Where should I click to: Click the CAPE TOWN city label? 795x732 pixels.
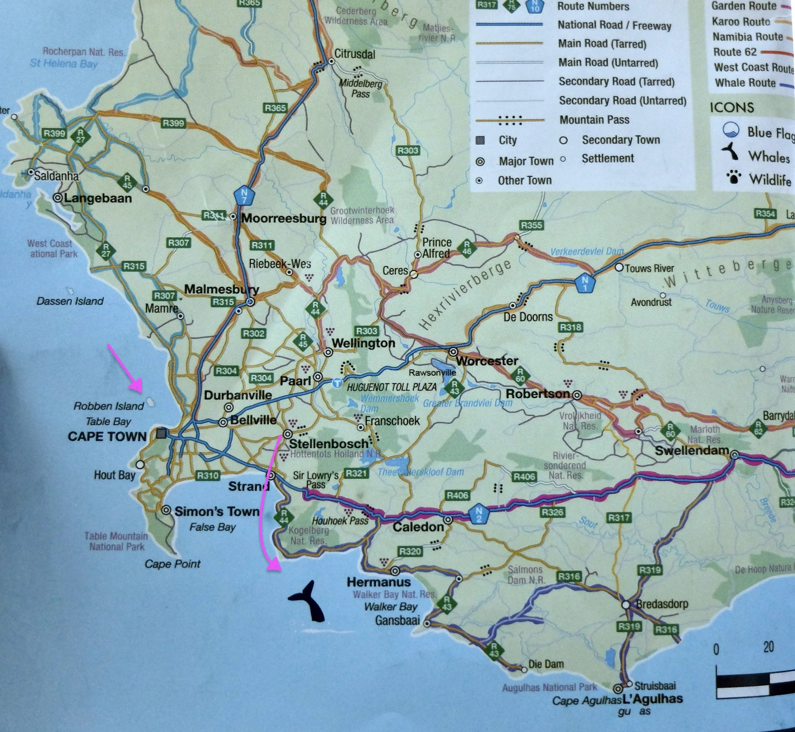pyautogui.click(x=107, y=436)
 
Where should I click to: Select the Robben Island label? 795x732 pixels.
pyautogui.click(x=108, y=406)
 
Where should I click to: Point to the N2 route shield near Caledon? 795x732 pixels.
pyautogui.click(x=479, y=514)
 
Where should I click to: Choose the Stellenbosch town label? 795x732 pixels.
pyautogui.click(x=328, y=444)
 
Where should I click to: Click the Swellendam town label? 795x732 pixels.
pyautogui.click(x=692, y=450)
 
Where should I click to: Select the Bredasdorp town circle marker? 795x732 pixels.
pyautogui.click(x=626, y=605)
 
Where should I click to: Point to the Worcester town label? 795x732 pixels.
pyautogui.click(x=487, y=361)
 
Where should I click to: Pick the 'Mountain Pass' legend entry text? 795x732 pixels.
pyautogui.click(x=594, y=120)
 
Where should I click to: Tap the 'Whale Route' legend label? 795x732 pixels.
pyautogui.click(x=745, y=83)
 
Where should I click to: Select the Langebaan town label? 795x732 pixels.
pyautogui.click(x=98, y=198)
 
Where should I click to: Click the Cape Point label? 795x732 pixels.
pyautogui.click(x=173, y=564)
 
